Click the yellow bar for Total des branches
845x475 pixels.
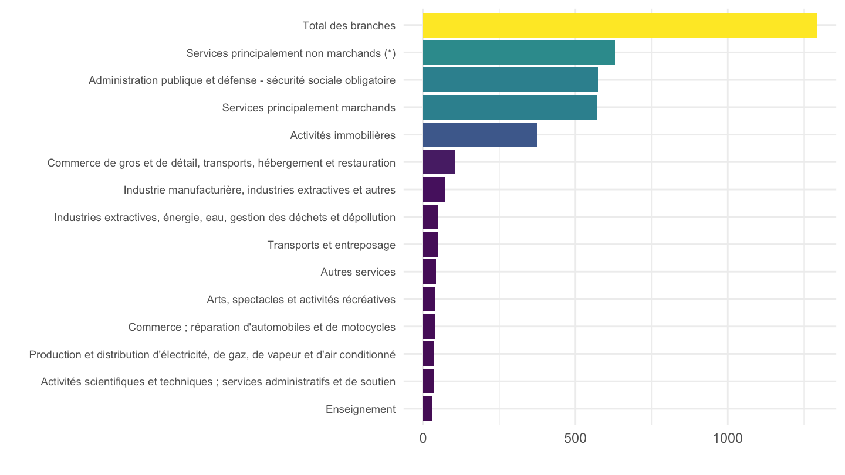pos(620,25)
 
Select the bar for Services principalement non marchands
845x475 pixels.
pos(519,52)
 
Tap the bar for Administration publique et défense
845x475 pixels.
pos(511,80)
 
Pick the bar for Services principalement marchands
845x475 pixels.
pos(510,107)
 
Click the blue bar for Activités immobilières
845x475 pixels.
pos(480,135)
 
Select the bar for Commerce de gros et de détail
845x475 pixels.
pos(439,162)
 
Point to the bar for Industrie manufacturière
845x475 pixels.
pos(434,189)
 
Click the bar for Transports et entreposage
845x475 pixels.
pos(431,245)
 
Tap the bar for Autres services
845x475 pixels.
pos(430,272)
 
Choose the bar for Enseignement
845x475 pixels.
pos(428,409)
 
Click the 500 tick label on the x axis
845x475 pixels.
pos(575,439)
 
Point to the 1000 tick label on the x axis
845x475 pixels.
pos(728,439)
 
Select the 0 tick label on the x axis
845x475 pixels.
pos(423,439)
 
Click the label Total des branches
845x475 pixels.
pos(349,26)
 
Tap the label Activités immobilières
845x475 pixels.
pos(343,135)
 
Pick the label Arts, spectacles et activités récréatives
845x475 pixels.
pos(301,300)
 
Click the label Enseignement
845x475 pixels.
pos(361,409)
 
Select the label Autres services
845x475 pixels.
pos(358,272)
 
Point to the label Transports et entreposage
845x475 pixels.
pos(332,245)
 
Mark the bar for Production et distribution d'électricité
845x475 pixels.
pos(428,354)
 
